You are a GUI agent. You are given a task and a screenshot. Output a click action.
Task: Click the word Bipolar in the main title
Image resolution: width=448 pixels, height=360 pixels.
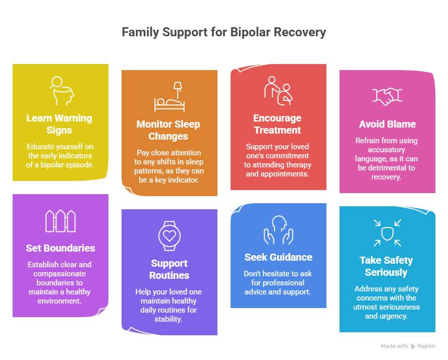(250, 32)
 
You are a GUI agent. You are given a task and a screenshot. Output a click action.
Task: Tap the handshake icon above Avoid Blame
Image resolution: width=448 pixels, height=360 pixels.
(387, 96)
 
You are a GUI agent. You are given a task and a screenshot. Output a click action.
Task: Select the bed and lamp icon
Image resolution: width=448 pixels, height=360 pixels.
(170, 96)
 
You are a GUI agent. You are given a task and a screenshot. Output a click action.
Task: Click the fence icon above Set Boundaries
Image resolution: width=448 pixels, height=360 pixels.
(61, 221)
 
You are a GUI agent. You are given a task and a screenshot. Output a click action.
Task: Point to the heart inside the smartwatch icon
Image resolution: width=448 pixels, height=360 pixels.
(170, 236)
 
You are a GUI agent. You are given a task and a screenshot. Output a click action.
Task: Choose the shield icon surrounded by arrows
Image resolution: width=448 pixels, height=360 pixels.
(387, 232)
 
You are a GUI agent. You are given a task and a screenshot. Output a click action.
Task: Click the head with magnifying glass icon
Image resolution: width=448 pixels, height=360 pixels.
(62, 91)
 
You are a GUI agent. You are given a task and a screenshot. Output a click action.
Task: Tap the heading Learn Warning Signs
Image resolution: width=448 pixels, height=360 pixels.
(60, 124)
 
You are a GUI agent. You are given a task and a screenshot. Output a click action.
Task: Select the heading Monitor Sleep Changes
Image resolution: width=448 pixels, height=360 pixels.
(169, 130)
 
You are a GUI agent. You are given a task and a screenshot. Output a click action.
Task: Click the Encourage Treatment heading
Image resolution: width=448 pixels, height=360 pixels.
(277, 124)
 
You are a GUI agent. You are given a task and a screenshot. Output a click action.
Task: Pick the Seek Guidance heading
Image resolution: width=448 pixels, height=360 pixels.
(278, 257)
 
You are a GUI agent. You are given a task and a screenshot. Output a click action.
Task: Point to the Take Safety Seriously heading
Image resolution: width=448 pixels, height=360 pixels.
(386, 266)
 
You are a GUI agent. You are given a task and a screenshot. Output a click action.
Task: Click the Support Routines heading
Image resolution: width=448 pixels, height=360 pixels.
(169, 269)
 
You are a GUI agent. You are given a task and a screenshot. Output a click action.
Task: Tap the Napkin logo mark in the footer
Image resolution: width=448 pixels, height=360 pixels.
(413, 346)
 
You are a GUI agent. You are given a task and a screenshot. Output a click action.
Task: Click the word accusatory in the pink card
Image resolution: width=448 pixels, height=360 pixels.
(386, 150)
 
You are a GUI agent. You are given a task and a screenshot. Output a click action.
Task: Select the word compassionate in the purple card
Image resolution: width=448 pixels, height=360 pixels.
(60, 274)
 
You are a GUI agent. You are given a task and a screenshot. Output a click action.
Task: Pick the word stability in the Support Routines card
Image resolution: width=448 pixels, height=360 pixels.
(168, 319)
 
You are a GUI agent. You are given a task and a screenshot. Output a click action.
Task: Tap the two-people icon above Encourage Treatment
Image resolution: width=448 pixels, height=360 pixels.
(278, 91)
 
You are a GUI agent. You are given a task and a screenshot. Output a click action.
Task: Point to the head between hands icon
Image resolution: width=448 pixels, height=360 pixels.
(278, 230)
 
